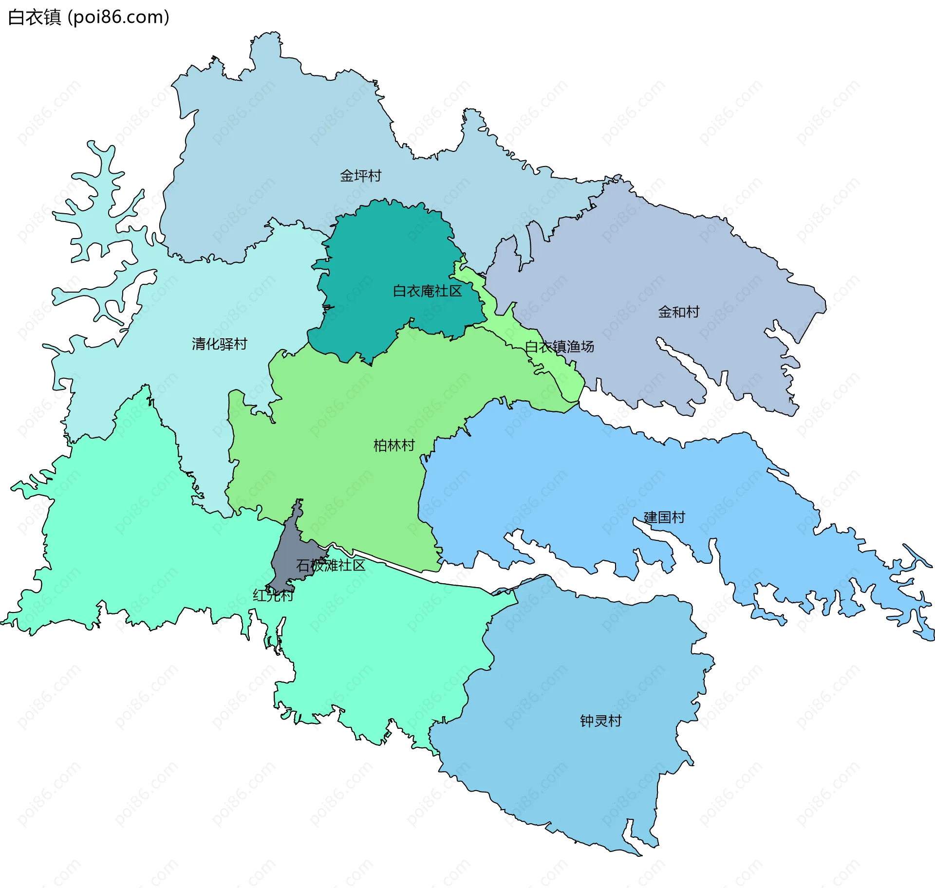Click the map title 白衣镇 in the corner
(x=34, y=17)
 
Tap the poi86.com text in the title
(x=118, y=17)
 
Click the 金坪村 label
(x=360, y=176)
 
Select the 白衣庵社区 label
(x=427, y=291)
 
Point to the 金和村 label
(x=678, y=312)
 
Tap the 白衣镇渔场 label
(x=559, y=347)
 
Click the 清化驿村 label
(x=219, y=344)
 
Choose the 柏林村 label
(x=393, y=445)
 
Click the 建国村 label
(x=664, y=517)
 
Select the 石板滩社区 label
(x=331, y=565)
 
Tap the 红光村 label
(x=273, y=595)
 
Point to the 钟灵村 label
(x=600, y=721)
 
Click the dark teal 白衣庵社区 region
(x=390, y=253)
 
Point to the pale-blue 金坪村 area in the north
(x=292, y=146)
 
